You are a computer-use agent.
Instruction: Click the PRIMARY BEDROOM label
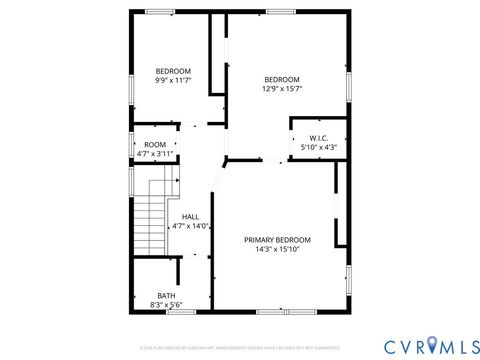tap(277, 240)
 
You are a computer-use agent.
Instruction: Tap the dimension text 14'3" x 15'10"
tap(277, 249)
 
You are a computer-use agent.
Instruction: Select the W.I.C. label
tap(318, 138)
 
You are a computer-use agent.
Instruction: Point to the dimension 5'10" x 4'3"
tap(318, 147)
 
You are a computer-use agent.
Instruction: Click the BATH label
tap(165, 295)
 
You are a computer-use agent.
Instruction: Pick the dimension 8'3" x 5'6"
tap(165, 304)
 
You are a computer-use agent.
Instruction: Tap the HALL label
tap(190, 216)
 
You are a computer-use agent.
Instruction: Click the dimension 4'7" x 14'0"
tap(190, 226)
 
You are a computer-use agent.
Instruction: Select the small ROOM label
tap(155, 145)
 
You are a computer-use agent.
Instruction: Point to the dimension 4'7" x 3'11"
tap(155, 154)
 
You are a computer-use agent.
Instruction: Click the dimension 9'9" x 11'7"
tap(172, 79)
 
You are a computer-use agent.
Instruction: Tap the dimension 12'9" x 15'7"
tap(282, 89)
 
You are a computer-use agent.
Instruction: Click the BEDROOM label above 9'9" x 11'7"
tap(172, 70)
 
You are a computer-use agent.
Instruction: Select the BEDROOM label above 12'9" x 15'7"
tap(282, 80)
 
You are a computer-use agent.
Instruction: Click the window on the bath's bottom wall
tap(179, 311)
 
